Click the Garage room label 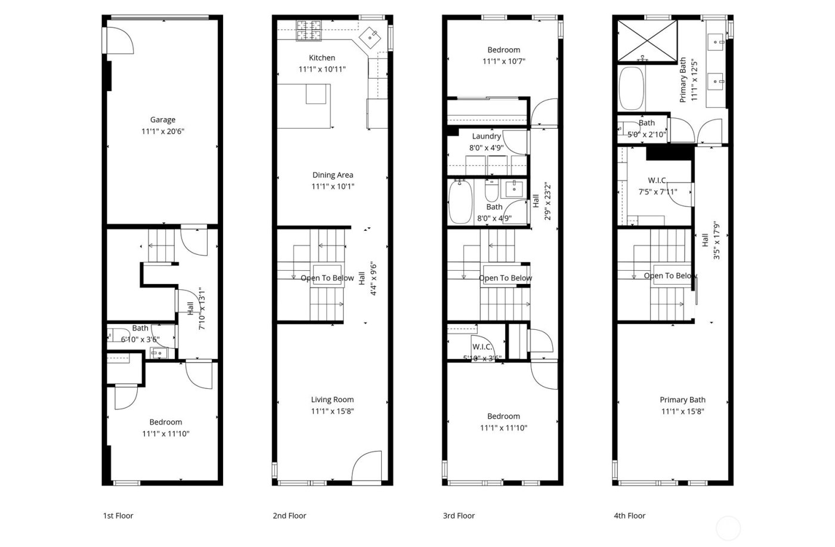pyautogui.click(x=162, y=120)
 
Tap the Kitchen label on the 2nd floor pyautogui.click(x=321, y=58)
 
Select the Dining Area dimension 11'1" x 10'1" pyautogui.click(x=332, y=186)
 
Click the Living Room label pyautogui.click(x=332, y=400)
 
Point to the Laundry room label pyautogui.click(x=486, y=137)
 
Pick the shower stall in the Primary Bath pyautogui.click(x=647, y=41)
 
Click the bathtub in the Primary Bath pyautogui.click(x=632, y=89)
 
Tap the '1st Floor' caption pyautogui.click(x=118, y=515)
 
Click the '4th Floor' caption pyautogui.click(x=629, y=515)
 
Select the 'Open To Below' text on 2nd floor pyautogui.click(x=327, y=278)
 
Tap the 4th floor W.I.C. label pyautogui.click(x=657, y=180)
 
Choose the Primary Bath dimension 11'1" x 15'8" pyautogui.click(x=682, y=411)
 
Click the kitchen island pyautogui.click(x=304, y=106)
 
